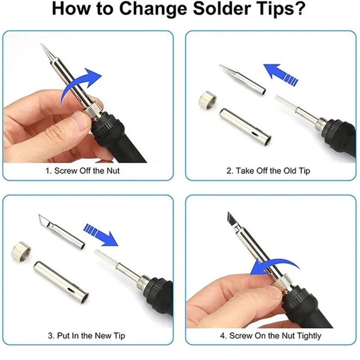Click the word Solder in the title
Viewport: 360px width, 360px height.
tap(221, 9)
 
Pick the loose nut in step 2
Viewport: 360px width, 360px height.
tap(207, 100)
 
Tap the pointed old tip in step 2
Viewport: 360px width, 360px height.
tap(243, 80)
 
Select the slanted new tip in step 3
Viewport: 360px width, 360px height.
tap(62, 231)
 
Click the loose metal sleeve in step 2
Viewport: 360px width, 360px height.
tap(245, 127)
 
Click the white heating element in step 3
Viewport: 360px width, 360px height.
tap(107, 258)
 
